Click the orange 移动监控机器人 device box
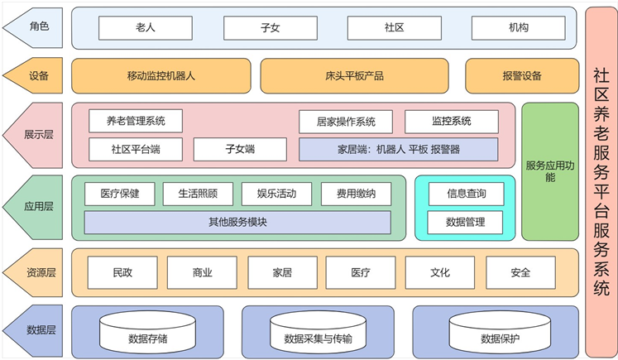click(160, 76)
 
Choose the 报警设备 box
click(521, 76)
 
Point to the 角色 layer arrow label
click(35, 27)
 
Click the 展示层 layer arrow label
click(35, 133)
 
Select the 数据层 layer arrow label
click(35, 330)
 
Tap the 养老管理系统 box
click(136, 122)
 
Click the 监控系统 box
click(451, 122)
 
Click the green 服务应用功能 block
click(550, 170)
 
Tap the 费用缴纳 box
click(356, 194)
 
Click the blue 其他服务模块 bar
click(237, 222)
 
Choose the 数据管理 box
click(466, 222)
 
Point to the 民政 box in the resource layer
click(122, 271)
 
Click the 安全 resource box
click(520, 271)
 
